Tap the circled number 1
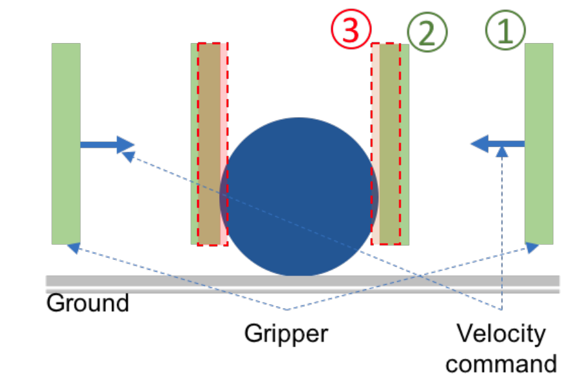505,31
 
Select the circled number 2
427,31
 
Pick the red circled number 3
351,30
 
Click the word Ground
88,303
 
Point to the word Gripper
286,334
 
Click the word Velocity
500,334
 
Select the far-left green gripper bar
66,143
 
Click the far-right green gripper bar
539,143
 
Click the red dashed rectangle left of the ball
209,143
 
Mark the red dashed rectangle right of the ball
386,143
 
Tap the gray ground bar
302,281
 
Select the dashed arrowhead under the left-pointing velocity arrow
501,152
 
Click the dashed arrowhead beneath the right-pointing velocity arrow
128,156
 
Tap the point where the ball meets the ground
299,275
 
